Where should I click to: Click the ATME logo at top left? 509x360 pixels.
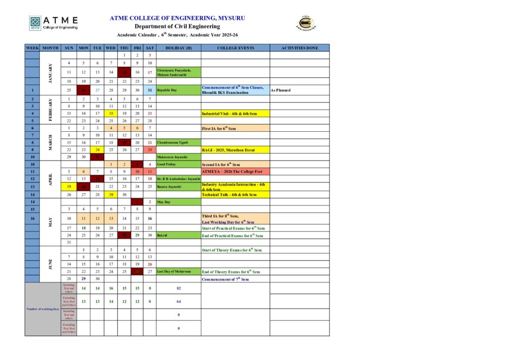point(53,23)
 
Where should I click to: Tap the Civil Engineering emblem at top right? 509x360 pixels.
point(307,23)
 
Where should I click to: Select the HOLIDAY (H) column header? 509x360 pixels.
point(178,48)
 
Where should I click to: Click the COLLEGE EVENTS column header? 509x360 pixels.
point(235,48)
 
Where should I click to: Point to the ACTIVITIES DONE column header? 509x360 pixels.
point(299,48)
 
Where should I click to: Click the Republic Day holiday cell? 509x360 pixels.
point(178,90)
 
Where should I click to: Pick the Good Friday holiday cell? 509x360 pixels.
point(178,164)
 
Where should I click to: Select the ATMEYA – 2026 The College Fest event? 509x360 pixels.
point(235,171)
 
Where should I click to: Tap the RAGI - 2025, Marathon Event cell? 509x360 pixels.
point(235,150)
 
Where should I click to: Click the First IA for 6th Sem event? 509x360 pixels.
point(235,128)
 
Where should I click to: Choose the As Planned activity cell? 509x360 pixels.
point(299,90)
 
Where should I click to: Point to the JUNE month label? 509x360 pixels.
point(50,264)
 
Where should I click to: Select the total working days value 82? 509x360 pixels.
point(178,288)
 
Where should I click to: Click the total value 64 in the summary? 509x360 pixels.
point(178,301)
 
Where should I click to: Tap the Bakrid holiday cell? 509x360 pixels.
point(178,235)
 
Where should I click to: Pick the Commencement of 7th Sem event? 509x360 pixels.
point(235,279)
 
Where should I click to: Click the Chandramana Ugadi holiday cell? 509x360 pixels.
point(178,142)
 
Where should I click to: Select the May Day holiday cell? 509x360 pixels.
point(178,202)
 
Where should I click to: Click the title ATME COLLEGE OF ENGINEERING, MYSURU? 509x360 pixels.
point(177,18)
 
